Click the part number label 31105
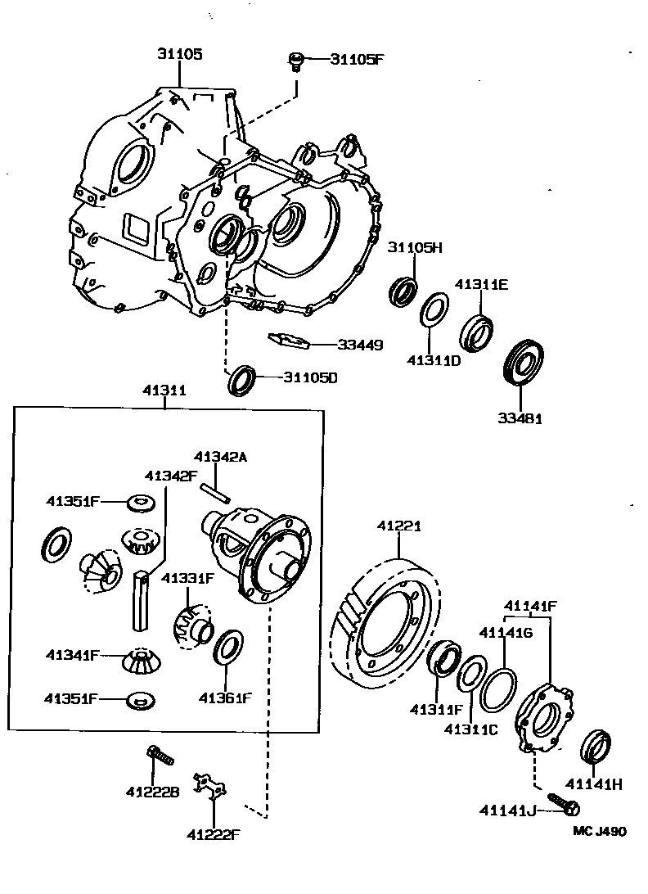point(179,55)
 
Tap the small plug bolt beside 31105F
point(296,61)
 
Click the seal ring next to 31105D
point(241,379)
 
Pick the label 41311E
point(482,285)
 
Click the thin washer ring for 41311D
point(433,312)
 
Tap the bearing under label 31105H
point(403,291)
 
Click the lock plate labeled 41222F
point(210,786)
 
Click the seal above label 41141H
point(596,746)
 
